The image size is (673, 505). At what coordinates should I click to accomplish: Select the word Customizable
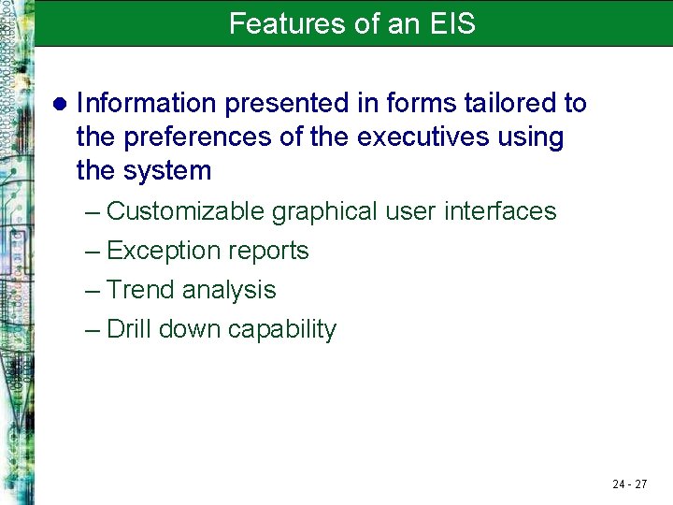(186, 211)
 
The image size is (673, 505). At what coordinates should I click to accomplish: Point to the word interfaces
(500, 211)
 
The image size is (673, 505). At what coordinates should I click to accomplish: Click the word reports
(272, 252)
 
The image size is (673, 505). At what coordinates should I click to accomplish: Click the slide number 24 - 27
(629, 483)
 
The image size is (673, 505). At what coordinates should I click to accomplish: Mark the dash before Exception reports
(92, 252)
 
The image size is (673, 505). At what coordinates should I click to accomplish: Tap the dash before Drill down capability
(92, 330)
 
